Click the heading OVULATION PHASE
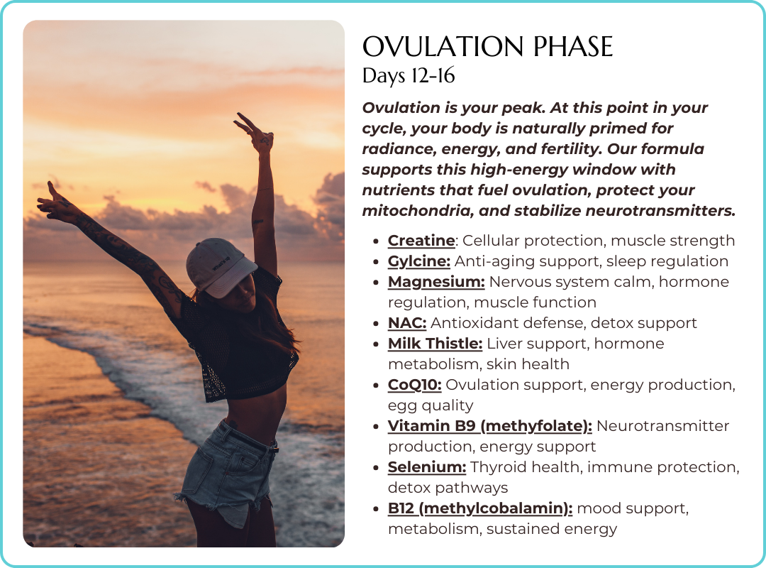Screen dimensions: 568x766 (x=487, y=48)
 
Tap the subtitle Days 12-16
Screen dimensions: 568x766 (x=409, y=76)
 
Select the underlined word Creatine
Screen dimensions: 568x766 (x=421, y=241)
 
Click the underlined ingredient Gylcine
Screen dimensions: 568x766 (x=418, y=261)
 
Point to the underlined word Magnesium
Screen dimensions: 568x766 (x=436, y=282)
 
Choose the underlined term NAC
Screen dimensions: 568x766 (x=406, y=323)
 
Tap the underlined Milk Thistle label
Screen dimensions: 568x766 (x=435, y=344)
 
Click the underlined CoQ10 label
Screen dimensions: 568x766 (x=414, y=385)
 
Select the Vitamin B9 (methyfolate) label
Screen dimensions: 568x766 (x=489, y=426)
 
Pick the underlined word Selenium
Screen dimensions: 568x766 (x=426, y=467)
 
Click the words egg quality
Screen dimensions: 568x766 (x=430, y=405)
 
